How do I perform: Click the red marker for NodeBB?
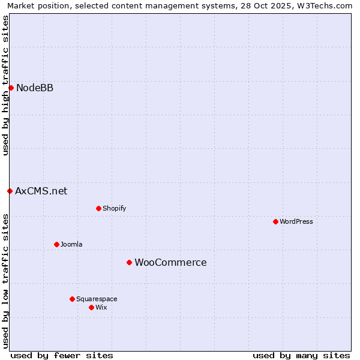tap(11, 88)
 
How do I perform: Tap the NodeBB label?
tap(35, 88)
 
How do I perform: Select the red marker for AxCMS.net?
tap(10, 191)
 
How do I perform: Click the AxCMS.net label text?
tap(41, 191)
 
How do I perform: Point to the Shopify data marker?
tap(98, 209)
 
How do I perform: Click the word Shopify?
tap(114, 209)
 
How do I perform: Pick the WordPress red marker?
tap(275, 222)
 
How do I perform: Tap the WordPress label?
tap(296, 222)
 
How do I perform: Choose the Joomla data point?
tap(56, 245)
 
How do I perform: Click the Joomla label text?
tap(71, 245)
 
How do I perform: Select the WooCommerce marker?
tap(129, 263)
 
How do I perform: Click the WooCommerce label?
tap(170, 263)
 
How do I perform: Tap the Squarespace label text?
tap(97, 299)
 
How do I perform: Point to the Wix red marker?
tap(91, 308)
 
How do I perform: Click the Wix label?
tap(101, 308)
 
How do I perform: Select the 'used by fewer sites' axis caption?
tap(62, 355)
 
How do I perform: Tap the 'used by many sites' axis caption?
tap(301, 355)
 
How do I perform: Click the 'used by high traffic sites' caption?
tap(5, 85)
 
